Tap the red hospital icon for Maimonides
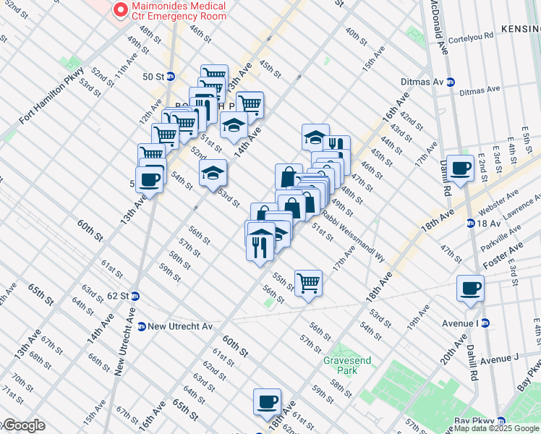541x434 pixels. point(119,10)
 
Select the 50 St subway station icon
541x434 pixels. point(171,76)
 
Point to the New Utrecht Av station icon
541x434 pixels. point(141,326)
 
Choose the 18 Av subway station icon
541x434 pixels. point(470,224)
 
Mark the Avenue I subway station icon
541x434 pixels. point(486,323)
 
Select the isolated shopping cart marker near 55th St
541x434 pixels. point(308,282)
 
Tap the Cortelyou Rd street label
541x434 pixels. point(470,37)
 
